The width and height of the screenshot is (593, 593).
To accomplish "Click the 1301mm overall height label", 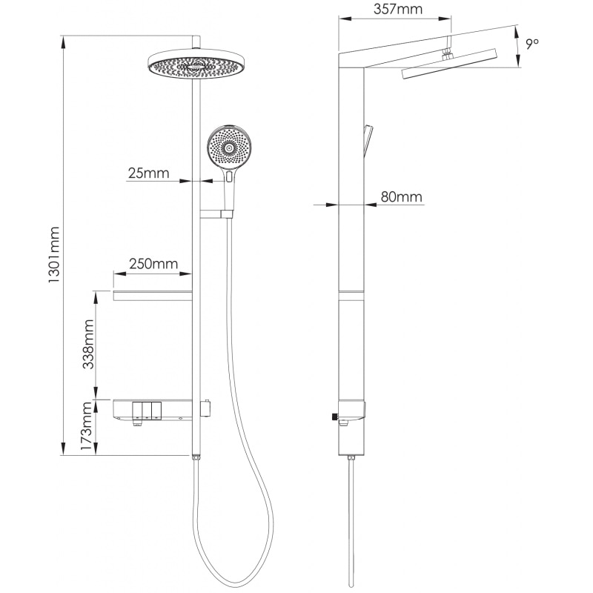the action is tap(53, 254).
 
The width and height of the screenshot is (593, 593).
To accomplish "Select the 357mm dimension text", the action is tap(398, 9).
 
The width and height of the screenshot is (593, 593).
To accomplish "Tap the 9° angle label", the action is tap(532, 44).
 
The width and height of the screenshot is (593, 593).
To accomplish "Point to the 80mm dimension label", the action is tap(401, 196).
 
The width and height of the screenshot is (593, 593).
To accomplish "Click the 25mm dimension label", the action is tap(149, 173).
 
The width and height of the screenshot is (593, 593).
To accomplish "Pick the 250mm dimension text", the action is tap(153, 263).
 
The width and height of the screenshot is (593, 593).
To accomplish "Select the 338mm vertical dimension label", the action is tap(88, 344).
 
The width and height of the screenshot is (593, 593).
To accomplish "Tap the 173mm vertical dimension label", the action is tap(87, 425).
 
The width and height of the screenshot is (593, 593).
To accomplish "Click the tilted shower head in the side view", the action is tap(449, 64).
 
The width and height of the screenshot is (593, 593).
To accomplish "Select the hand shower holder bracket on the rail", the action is tap(216, 214).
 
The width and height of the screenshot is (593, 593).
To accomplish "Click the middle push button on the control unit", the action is tap(147, 411).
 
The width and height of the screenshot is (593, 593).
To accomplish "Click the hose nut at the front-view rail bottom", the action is tap(196, 457).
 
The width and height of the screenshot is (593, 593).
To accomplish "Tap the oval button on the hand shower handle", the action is tap(229, 176).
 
